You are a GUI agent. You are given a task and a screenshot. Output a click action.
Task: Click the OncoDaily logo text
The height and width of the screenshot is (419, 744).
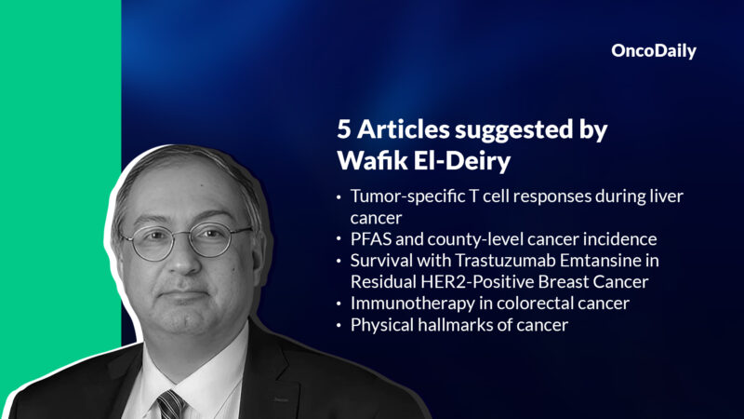click(x=653, y=52)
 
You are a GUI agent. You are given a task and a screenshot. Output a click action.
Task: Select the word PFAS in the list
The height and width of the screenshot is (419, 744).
click(x=369, y=240)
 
